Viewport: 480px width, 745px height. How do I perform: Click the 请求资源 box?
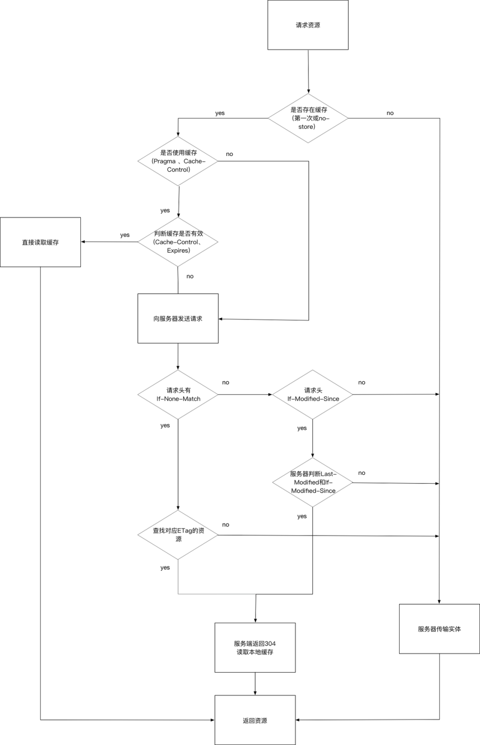[x=308, y=25]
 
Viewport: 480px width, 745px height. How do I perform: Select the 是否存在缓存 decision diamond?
[x=308, y=118]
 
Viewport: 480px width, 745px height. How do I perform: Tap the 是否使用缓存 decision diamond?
[x=178, y=161]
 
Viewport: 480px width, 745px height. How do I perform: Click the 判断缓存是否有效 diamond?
[x=178, y=242]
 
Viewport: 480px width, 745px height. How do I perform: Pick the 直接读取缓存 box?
[x=40, y=242]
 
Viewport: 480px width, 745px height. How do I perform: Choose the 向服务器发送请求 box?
[x=178, y=319]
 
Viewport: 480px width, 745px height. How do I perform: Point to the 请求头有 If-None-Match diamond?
[x=178, y=394]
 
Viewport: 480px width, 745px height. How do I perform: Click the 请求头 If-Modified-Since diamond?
[x=312, y=394]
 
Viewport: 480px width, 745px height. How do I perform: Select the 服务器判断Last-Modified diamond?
[x=312, y=482]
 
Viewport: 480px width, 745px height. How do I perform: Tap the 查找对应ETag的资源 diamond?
[x=178, y=534]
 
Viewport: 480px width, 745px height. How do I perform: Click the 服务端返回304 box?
[x=255, y=648]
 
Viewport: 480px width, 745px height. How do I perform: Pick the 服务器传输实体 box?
[x=439, y=629]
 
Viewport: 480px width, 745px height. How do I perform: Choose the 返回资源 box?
[x=255, y=721]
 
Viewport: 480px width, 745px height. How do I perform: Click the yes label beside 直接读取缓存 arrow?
[x=125, y=235]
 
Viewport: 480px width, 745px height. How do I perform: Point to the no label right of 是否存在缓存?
[x=390, y=113]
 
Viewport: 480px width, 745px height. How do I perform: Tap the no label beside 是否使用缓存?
[x=229, y=154]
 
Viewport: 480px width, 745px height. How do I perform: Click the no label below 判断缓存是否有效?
[x=190, y=276]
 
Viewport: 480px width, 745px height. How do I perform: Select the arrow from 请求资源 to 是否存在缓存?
[x=308, y=71]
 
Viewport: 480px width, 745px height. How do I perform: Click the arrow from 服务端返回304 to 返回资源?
[x=255, y=684]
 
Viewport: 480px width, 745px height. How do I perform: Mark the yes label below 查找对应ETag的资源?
[x=165, y=568]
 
